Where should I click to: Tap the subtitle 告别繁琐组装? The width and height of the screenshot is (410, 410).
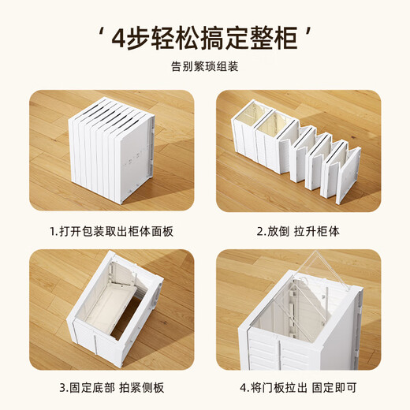[205, 66]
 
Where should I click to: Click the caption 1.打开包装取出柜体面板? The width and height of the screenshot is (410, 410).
[111, 231]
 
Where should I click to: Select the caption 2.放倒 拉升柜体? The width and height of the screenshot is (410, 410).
[299, 231]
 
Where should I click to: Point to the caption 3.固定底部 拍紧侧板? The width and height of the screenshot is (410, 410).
[111, 388]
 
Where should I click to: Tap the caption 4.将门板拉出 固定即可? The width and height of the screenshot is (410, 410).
[299, 388]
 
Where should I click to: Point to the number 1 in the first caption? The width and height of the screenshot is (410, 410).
[52, 231]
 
